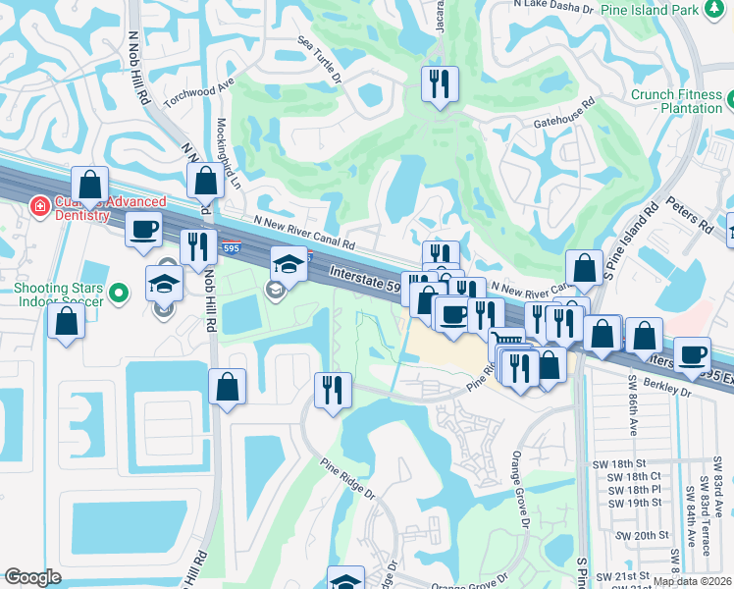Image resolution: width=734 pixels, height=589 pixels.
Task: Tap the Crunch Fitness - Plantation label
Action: pyautogui.click(x=678, y=101)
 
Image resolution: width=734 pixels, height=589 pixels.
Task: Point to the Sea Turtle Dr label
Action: pyautogui.click(x=320, y=60)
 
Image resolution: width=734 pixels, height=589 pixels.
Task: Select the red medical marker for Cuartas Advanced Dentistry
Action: pyautogui.click(x=39, y=206)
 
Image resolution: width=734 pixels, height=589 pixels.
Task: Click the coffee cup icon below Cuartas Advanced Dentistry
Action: pyautogui.click(x=144, y=230)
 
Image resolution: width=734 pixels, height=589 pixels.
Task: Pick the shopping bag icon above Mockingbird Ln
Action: pyautogui.click(x=205, y=181)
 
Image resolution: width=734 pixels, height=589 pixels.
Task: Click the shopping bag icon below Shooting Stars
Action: pyautogui.click(x=67, y=321)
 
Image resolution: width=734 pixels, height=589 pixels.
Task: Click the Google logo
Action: pyautogui.click(x=32, y=577)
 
